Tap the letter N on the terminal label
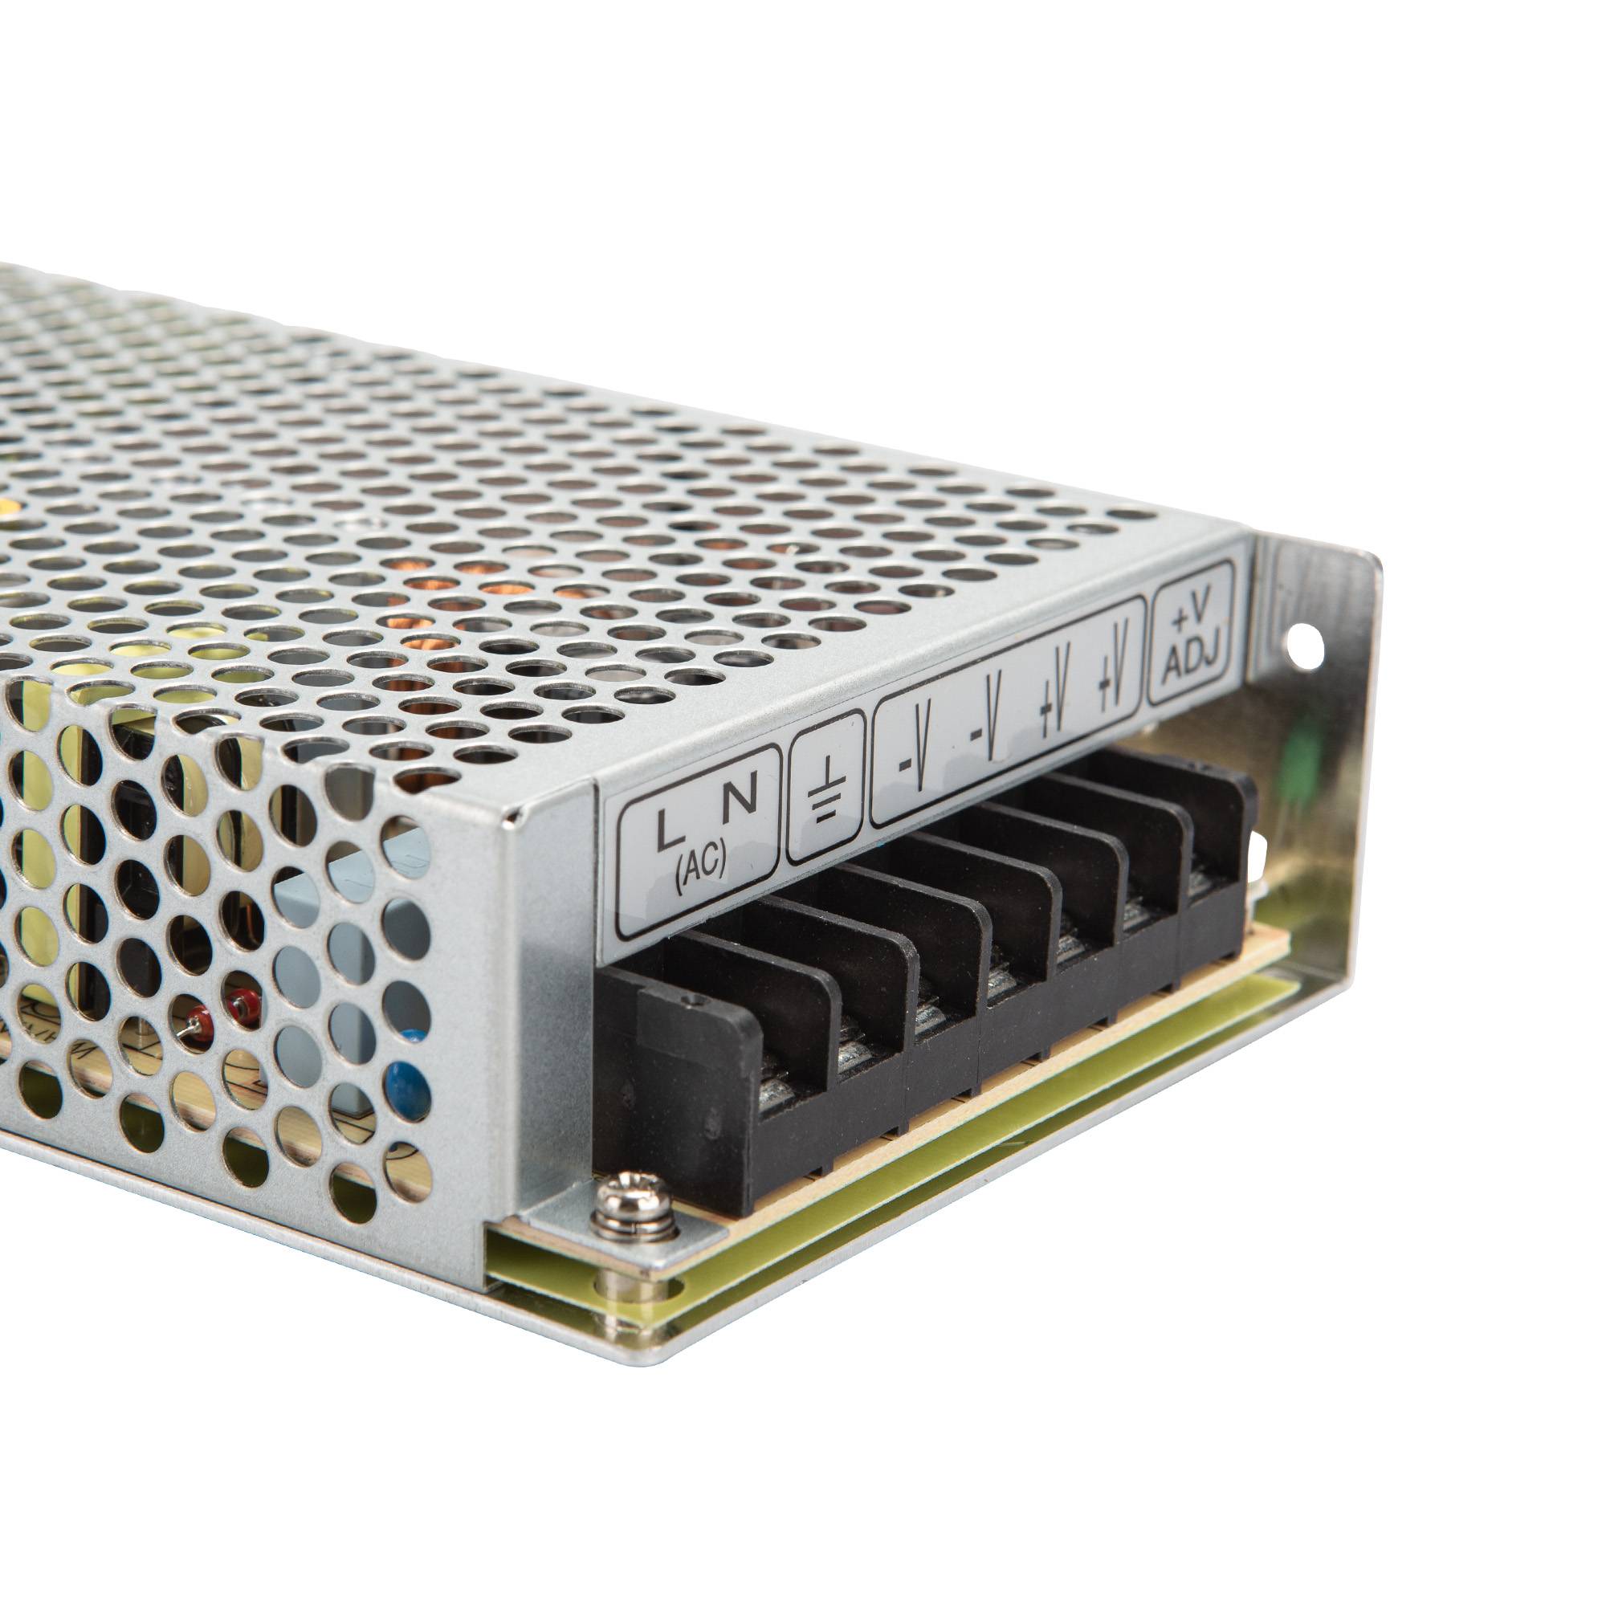pos(740,798)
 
